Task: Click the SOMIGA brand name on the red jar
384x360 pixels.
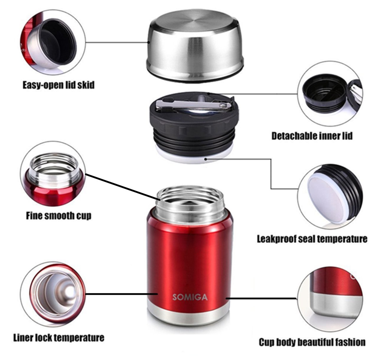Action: (190, 297)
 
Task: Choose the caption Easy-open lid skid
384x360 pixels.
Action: (58, 85)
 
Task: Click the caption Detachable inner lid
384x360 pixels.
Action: (312, 136)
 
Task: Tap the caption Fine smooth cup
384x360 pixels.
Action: (58, 216)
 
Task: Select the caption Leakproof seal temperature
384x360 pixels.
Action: (312, 239)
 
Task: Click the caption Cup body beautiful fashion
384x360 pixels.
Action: (312, 342)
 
